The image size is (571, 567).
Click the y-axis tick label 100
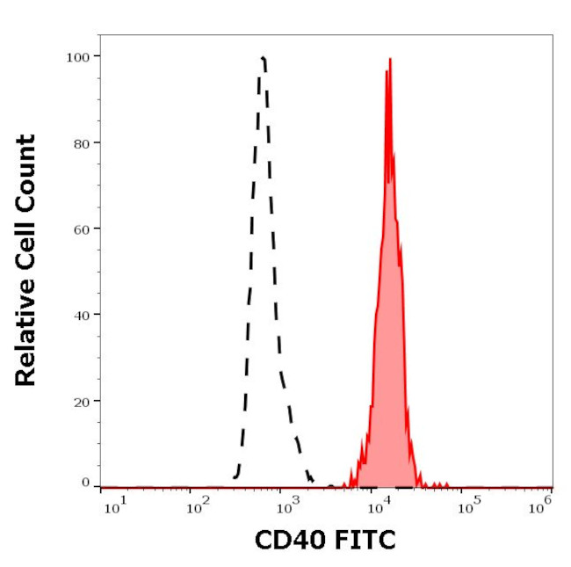(x=77, y=56)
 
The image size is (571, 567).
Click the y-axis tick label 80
(x=81, y=142)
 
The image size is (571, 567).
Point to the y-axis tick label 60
(x=81, y=229)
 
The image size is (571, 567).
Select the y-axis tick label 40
(x=81, y=315)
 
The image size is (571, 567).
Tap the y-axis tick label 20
(x=81, y=401)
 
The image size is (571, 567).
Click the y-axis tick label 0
(x=85, y=483)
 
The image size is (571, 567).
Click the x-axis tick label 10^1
(x=115, y=505)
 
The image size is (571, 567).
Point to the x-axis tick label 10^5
(x=469, y=505)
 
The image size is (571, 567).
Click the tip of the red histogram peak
(x=389, y=59)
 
